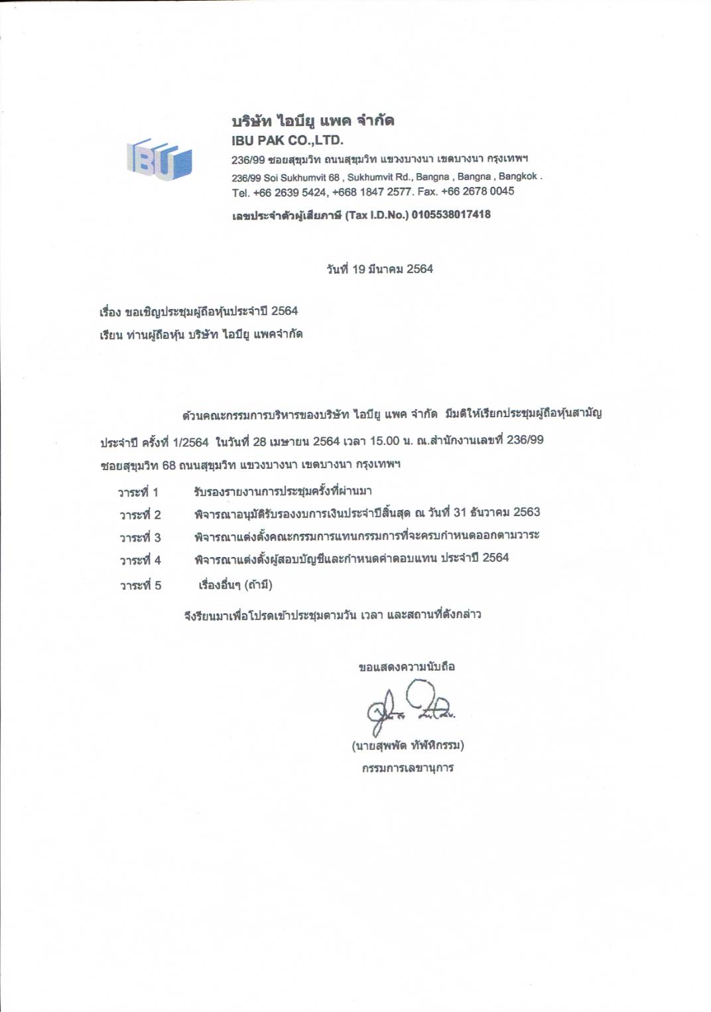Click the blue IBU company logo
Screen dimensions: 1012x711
pyautogui.click(x=159, y=159)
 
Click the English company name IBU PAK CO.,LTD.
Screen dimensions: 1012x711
pyautogui.click(x=287, y=141)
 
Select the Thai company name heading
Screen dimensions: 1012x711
pyautogui.click(x=312, y=121)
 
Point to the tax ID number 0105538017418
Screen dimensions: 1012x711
pyautogui.click(x=451, y=214)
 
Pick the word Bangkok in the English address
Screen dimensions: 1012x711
pyautogui.click(x=518, y=176)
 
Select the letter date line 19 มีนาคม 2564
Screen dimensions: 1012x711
pyautogui.click(x=379, y=269)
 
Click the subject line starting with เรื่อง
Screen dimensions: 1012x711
pyautogui.click(x=198, y=311)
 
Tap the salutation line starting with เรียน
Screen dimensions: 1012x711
pyautogui.click(x=201, y=334)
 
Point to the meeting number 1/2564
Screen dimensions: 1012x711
pyautogui.click(x=190, y=442)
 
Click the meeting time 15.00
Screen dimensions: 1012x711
pyautogui.click(x=385, y=441)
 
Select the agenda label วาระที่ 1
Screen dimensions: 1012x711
pyautogui.click(x=138, y=492)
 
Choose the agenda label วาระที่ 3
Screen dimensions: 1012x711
pyautogui.click(x=140, y=537)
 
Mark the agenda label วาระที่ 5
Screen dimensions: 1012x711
pyautogui.click(x=140, y=585)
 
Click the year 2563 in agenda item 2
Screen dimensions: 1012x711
pyautogui.click(x=527, y=512)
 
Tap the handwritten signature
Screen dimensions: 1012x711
pyautogui.click(x=410, y=706)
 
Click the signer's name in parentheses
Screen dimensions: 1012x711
pyautogui.click(x=407, y=745)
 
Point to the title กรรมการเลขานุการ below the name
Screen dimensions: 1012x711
pyautogui.click(x=407, y=768)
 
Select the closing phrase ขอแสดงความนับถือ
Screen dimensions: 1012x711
pyautogui.click(x=407, y=666)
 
